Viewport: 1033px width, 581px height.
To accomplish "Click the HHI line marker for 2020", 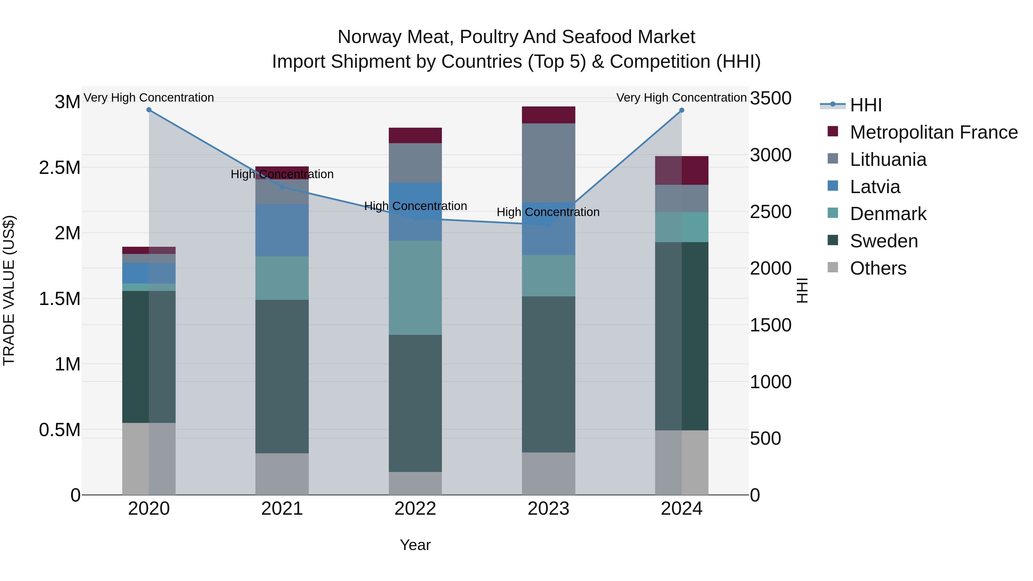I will coord(149,110).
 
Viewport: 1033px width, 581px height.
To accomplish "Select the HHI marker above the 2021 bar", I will coord(282,187).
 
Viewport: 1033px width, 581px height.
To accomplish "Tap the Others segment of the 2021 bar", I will coord(282,474).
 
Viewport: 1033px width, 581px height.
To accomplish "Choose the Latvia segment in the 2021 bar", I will coord(282,230).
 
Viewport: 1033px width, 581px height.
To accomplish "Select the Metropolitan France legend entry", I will coord(933,132).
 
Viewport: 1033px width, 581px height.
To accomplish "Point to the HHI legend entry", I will coord(865,105).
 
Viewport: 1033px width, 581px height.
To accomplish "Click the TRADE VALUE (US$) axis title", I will coord(9,290).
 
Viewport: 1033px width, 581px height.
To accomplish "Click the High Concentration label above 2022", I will coord(415,206).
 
